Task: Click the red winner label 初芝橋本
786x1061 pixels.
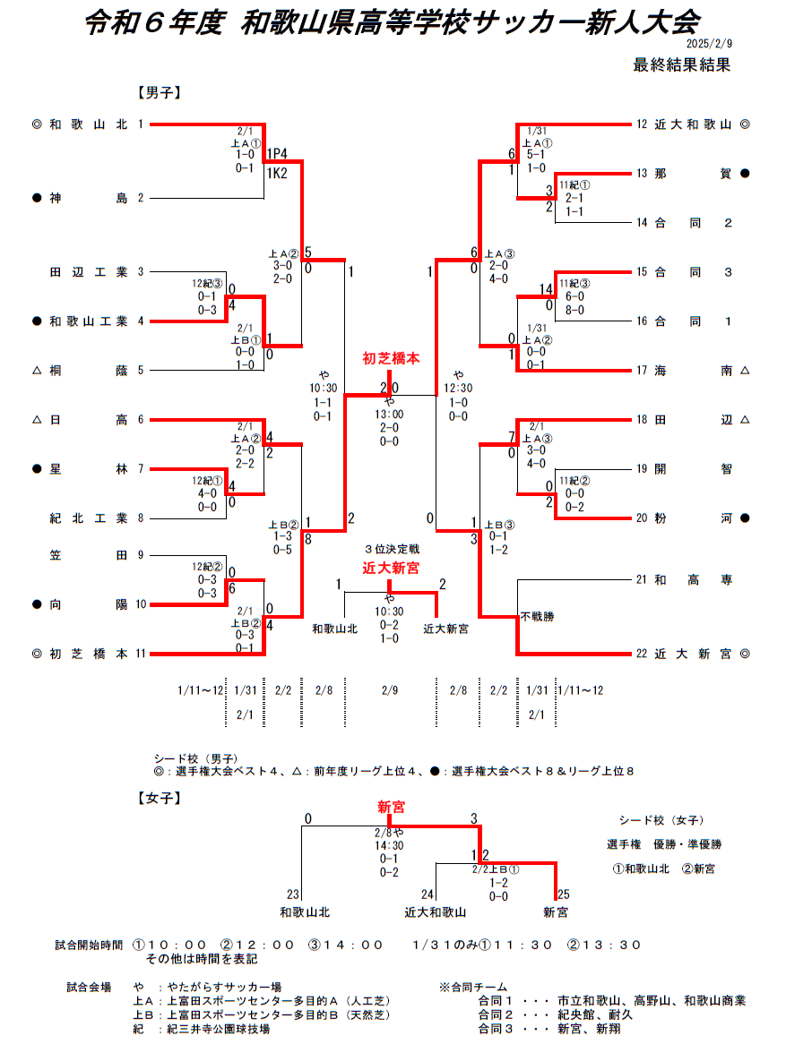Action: [x=391, y=359]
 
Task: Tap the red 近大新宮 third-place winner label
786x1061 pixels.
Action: [x=391, y=568]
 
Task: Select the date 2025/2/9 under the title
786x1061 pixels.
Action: [x=710, y=43]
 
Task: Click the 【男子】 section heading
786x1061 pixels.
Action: [x=160, y=92]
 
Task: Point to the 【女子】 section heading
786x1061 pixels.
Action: [x=160, y=799]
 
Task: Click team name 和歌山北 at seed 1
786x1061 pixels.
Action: [x=88, y=124]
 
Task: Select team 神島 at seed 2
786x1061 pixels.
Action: [x=88, y=198]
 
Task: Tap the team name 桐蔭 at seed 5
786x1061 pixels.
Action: [x=88, y=371]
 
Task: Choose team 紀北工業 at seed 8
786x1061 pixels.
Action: [x=88, y=518]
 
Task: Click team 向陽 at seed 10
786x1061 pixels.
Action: [x=88, y=604]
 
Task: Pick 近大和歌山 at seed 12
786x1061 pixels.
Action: [x=693, y=124]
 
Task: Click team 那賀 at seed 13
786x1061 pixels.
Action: [x=693, y=174]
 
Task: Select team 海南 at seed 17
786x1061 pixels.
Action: [x=693, y=371]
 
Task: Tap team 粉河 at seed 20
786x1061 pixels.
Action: [x=693, y=518]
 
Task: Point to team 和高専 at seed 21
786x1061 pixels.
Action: [x=693, y=580]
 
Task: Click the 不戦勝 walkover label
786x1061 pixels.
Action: [x=538, y=616]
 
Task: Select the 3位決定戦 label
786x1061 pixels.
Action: [x=392, y=549]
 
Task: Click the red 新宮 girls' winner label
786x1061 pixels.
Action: [x=391, y=808]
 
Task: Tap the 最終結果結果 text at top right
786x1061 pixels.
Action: [x=682, y=65]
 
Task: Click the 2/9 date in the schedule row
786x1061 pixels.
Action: [x=390, y=690]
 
